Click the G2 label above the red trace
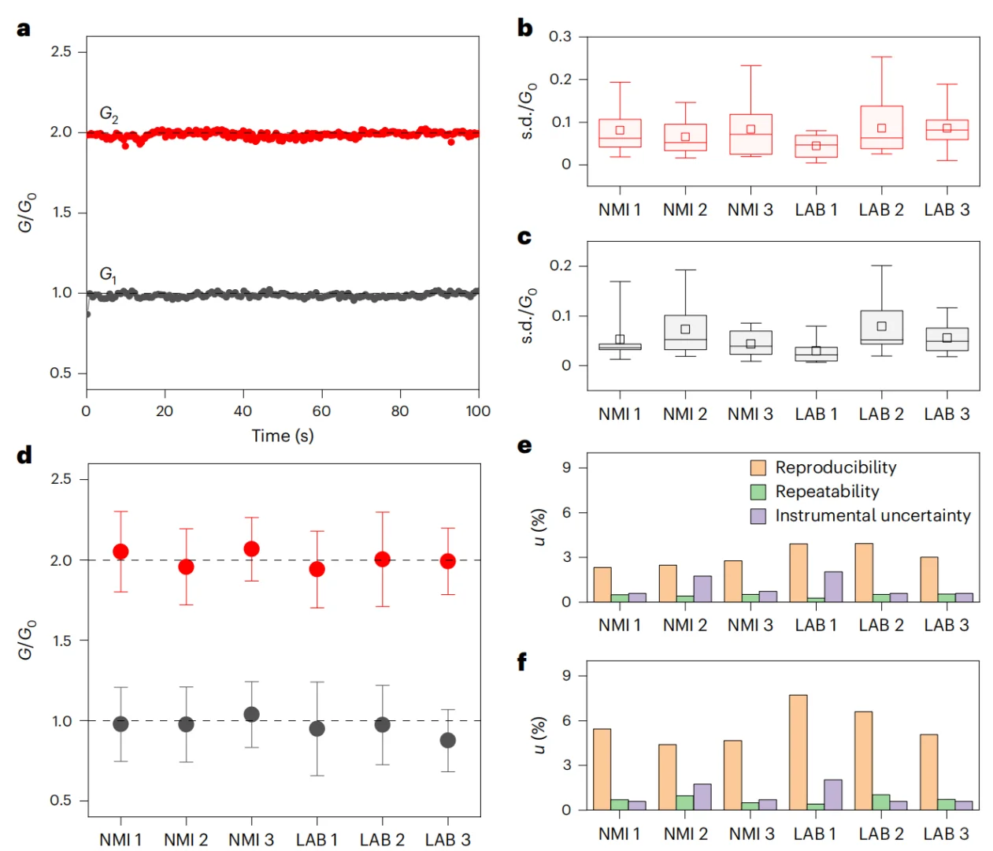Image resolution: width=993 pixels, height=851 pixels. [109, 115]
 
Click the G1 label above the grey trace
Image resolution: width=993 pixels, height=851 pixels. [108, 275]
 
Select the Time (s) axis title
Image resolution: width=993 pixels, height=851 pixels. [282, 436]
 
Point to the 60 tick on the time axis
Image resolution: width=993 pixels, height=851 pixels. [321, 411]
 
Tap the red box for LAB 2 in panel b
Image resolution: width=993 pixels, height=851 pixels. [881, 128]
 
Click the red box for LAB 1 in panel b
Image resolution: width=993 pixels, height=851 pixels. [816, 147]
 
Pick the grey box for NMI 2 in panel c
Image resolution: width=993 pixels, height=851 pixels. [685, 333]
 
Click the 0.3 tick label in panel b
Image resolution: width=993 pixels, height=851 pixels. [560, 37]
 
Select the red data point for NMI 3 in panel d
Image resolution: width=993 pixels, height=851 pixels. [251, 549]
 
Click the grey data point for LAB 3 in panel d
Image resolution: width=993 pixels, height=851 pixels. [447, 741]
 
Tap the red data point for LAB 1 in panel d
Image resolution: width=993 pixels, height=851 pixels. [317, 569]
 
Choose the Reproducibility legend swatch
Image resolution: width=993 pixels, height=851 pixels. [758, 468]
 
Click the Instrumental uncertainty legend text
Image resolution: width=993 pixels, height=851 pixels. [873, 516]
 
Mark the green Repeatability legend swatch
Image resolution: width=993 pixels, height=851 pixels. [758, 492]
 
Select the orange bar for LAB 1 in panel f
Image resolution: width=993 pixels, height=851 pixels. [798, 753]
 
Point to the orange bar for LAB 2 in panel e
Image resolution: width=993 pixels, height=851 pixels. [863, 573]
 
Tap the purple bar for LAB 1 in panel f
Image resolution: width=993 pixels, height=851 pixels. [833, 795]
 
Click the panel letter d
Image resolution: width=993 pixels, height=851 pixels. [24, 455]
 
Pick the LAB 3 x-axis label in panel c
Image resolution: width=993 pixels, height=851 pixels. [947, 414]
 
